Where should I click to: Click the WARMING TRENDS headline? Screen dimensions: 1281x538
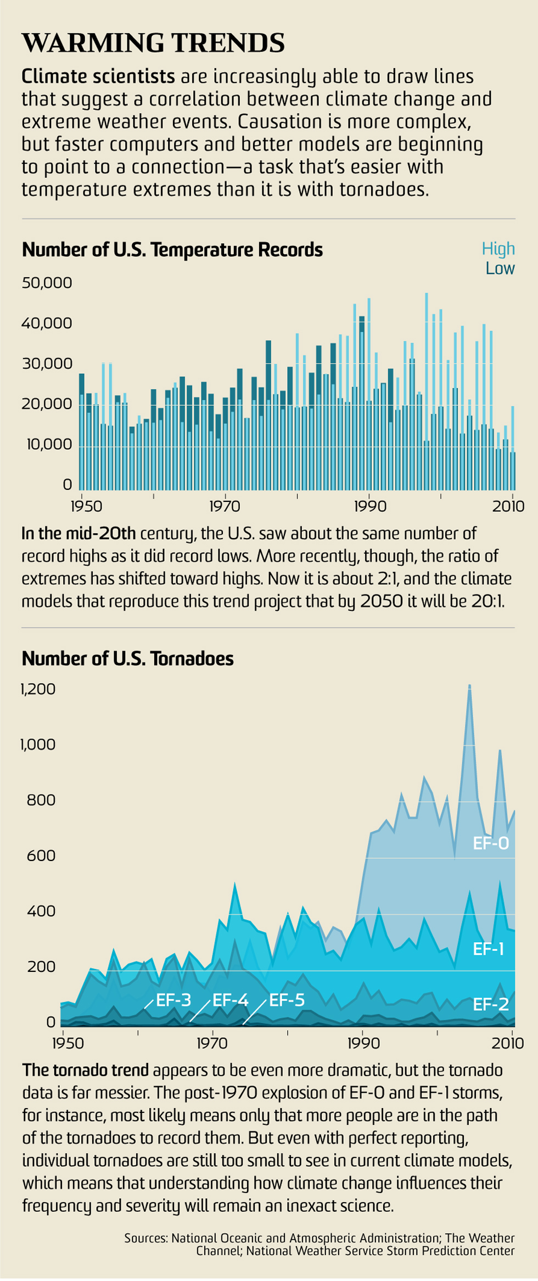[x=153, y=43]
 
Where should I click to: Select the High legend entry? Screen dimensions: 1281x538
[x=498, y=249]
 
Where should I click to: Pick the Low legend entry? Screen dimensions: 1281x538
[x=500, y=268]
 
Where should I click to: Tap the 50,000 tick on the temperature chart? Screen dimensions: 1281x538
[x=47, y=283]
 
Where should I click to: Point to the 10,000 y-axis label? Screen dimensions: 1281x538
[x=47, y=444]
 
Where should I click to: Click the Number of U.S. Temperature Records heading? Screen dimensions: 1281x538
[x=172, y=250]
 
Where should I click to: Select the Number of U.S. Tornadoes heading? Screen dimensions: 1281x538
[x=127, y=658]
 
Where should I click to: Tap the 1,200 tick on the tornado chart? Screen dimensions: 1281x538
[x=38, y=689]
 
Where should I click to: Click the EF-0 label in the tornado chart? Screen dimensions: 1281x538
[x=491, y=843]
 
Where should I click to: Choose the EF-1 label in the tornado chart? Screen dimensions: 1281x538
[x=488, y=949]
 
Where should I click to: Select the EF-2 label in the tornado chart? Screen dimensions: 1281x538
[x=490, y=1005]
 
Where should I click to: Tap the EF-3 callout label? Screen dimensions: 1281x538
[x=173, y=1000]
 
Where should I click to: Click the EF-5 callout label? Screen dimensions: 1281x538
[x=287, y=1000]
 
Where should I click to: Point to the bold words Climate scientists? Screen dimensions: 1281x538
[x=98, y=76]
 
